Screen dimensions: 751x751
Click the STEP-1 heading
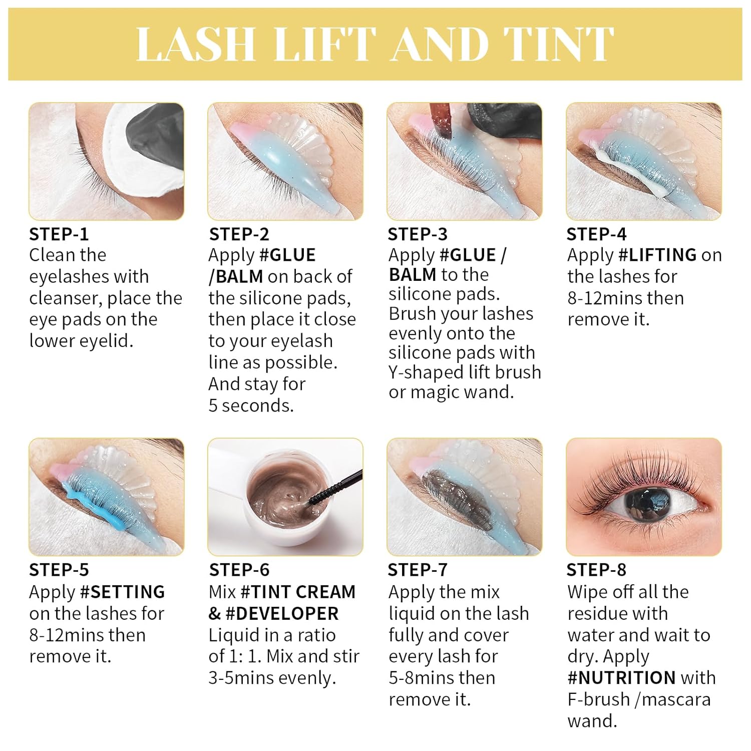[x=59, y=234]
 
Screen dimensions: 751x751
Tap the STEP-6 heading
[x=239, y=570]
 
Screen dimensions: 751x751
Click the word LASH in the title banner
[x=195, y=44]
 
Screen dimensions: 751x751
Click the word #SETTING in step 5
[x=123, y=592]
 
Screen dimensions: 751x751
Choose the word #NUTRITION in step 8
[x=621, y=678]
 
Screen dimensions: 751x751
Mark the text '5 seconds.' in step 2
[x=251, y=406]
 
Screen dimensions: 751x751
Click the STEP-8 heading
[x=596, y=570]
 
